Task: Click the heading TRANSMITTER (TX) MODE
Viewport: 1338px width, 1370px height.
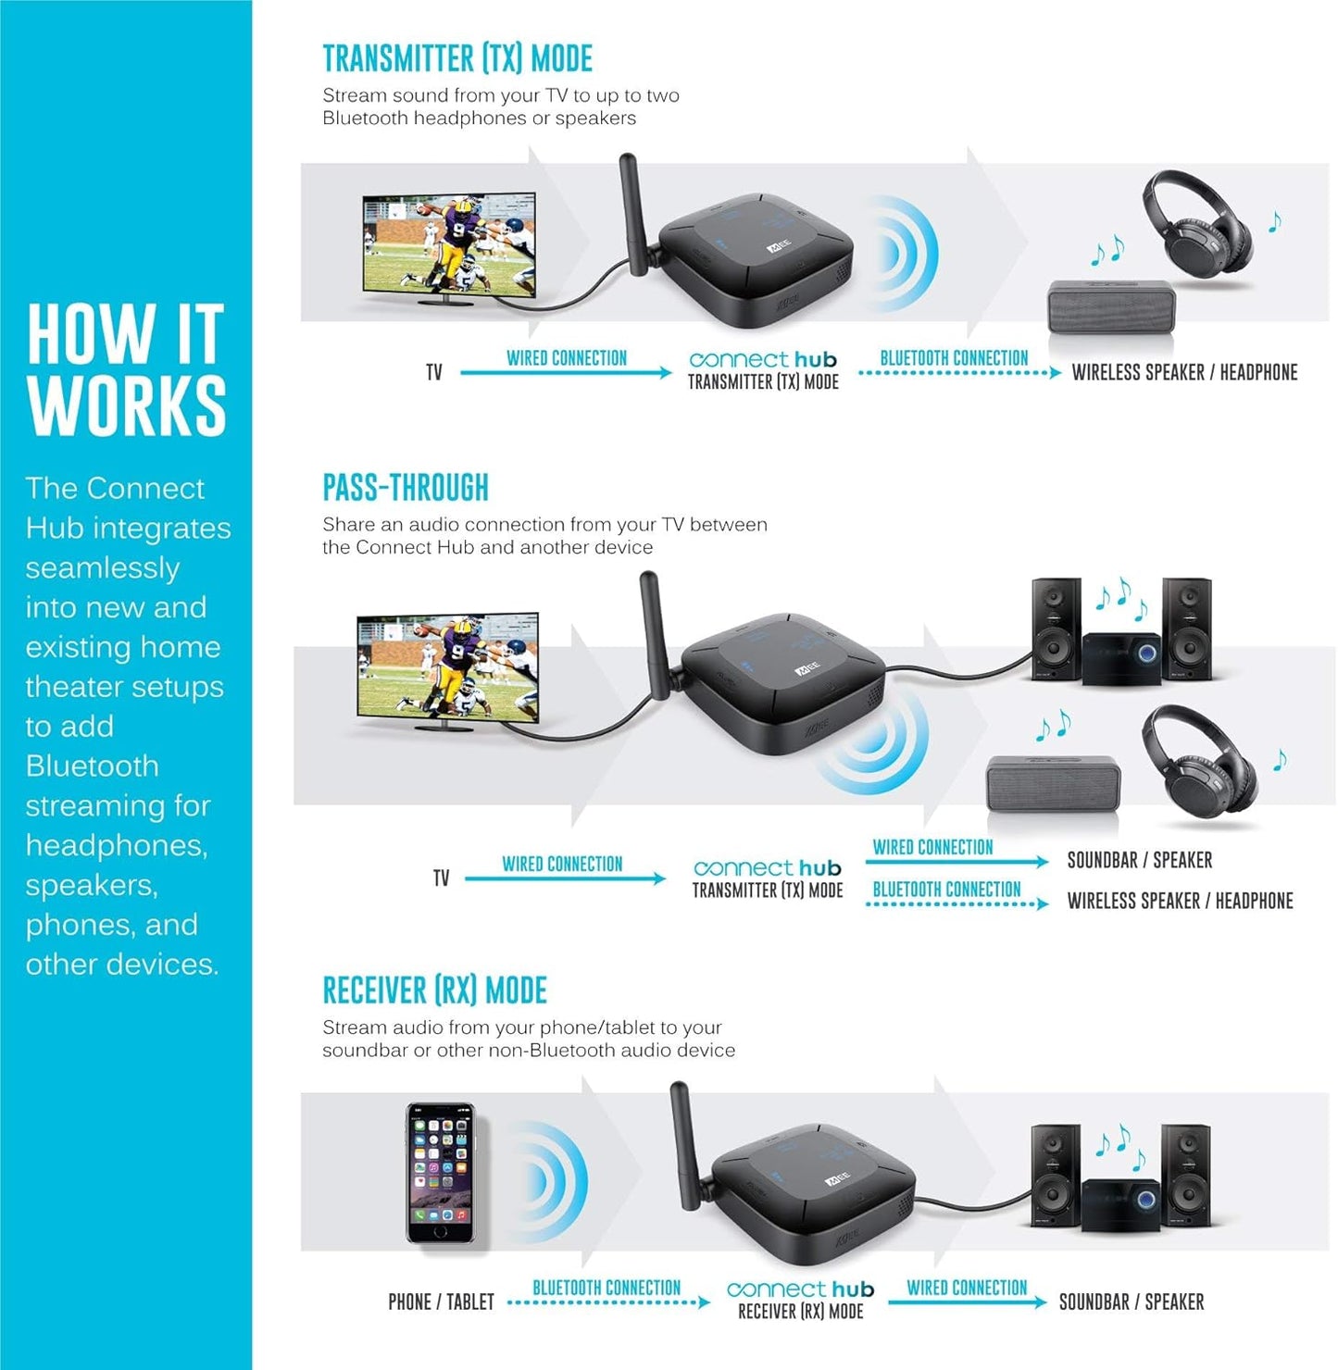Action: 457,59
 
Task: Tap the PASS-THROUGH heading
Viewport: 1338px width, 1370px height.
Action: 405,488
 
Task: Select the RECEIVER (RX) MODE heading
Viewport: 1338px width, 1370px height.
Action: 434,990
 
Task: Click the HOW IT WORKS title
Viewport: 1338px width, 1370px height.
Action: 126,369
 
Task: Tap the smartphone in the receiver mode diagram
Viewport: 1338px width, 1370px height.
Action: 441,1173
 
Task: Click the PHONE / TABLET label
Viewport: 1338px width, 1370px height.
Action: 441,1302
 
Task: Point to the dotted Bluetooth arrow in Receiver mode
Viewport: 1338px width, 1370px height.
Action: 608,1303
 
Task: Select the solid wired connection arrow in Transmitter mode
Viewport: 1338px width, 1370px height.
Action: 566,373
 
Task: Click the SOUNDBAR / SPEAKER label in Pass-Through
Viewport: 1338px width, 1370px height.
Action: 1139,860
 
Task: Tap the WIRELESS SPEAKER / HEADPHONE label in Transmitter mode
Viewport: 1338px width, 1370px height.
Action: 1184,372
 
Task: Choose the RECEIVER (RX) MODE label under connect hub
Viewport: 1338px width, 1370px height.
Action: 800,1312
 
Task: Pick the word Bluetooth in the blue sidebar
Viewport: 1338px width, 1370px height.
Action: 92,766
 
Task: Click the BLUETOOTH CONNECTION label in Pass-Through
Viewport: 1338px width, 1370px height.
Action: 946,890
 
